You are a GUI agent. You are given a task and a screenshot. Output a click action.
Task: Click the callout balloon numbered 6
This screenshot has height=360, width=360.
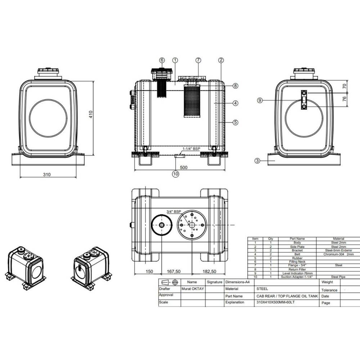pyautogui.click(x=162, y=60)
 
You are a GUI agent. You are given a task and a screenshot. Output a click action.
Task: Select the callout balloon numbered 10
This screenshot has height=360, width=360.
pyautogui.click(x=176, y=174)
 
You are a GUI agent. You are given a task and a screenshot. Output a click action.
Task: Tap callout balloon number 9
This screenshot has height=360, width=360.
pyautogui.click(x=260, y=100)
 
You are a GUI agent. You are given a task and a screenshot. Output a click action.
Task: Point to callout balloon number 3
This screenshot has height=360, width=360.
pyautogui.click(x=257, y=161)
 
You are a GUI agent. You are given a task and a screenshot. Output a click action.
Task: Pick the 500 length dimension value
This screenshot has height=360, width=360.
pyautogui.click(x=184, y=168)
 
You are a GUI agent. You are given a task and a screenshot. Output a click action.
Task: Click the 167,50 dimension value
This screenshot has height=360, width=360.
pyautogui.click(x=174, y=271)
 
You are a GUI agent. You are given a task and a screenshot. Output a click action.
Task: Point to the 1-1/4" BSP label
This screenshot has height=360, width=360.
pyautogui.click(x=191, y=148)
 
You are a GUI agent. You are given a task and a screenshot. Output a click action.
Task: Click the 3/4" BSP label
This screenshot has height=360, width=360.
pyautogui.click(x=173, y=212)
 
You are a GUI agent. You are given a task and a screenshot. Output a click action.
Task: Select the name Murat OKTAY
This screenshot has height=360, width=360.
pyautogui.click(x=193, y=289)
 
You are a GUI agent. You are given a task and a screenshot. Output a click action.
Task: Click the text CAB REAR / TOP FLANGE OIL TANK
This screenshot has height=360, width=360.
pyautogui.click(x=287, y=296)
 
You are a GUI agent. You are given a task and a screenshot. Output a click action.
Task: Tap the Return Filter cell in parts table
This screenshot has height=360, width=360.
pyautogui.click(x=298, y=269)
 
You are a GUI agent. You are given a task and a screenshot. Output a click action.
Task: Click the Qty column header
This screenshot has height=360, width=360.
pyautogui.click(x=271, y=239)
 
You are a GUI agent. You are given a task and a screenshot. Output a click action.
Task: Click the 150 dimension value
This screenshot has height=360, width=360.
pyautogui.click(x=150, y=271)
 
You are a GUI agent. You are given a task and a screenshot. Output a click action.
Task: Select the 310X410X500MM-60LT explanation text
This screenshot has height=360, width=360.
pyautogui.click(x=275, y=302)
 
